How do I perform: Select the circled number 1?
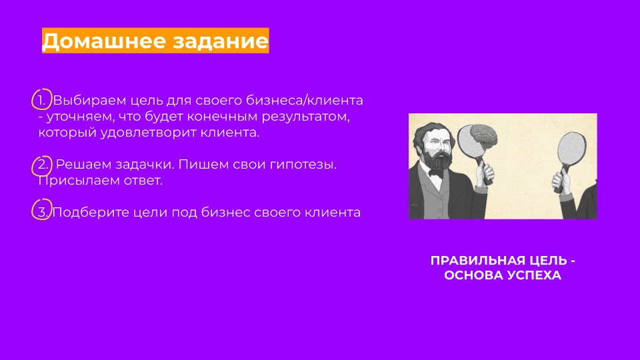tap(41, 100)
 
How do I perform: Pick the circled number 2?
tap(43, 165)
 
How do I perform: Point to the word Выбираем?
tap(89, 101)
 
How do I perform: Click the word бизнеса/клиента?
tap(304, 101)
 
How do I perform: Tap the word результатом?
tap(306, 117)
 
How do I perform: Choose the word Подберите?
tap(91, 213)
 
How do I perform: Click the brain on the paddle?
tap(484, 135)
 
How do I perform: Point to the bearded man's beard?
tap(436, 161)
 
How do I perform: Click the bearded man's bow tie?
tap(437, 173)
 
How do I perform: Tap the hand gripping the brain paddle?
tap(486, 173)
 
